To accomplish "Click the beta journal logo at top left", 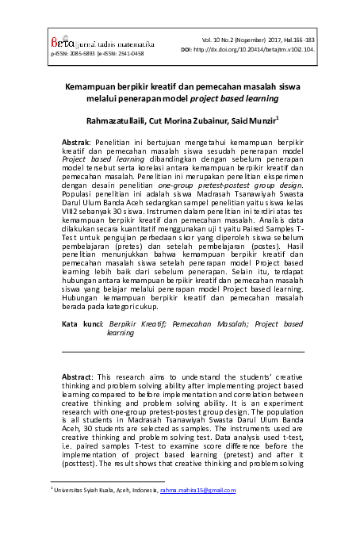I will click(66, 44).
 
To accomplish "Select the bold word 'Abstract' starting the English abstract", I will click(79, 376).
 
